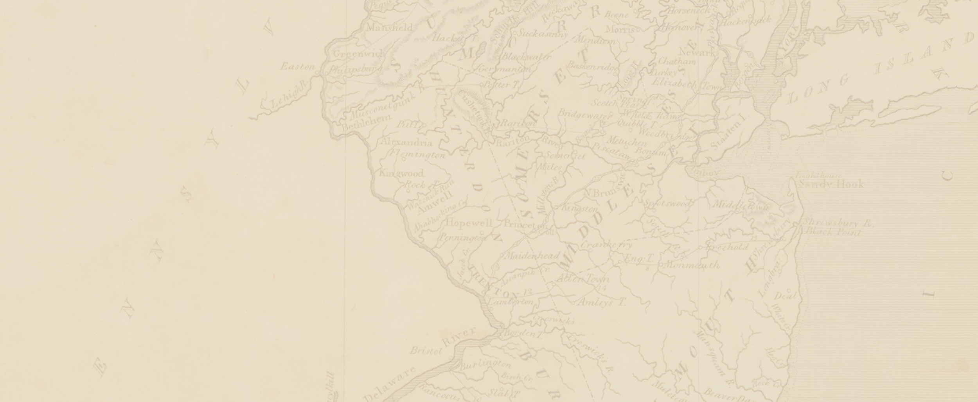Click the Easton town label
tap(298, 67)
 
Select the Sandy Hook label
tap(831, 184)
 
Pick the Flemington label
tap(417, 155)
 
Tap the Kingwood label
tap(402, 173)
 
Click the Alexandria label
tap(407, 142)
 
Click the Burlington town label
tap(485, 365)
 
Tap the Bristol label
tap(426, 350)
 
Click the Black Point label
tap(833, 232)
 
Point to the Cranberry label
tap(607, 245)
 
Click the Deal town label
tap(785, 296)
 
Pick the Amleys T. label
tap(602, 302)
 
